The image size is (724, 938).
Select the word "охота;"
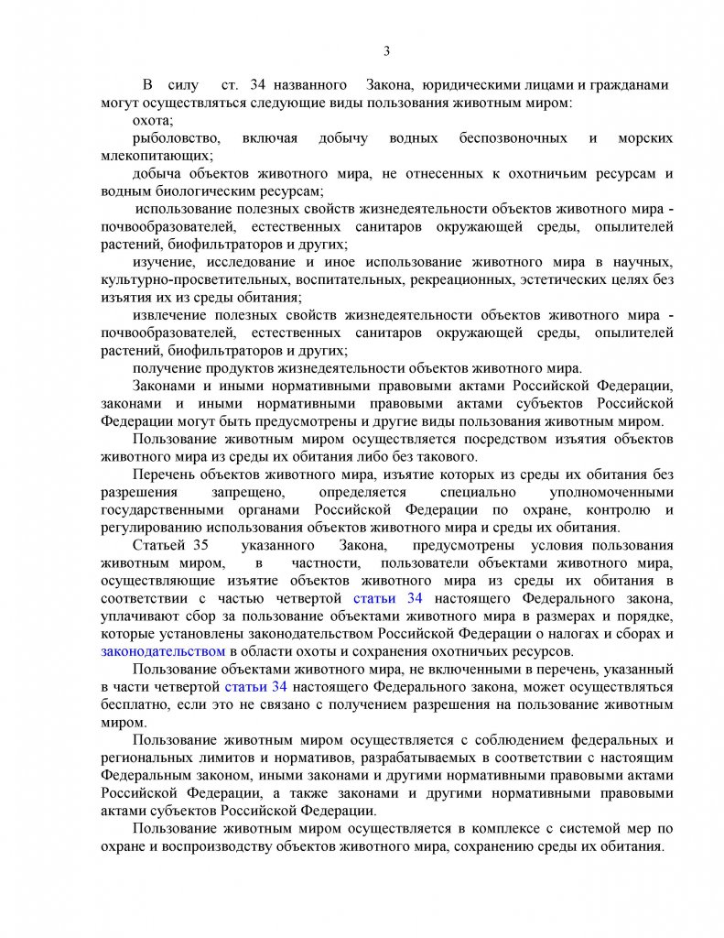153,120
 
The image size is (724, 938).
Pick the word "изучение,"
163,262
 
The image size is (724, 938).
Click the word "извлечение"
170,314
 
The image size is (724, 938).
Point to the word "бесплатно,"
135,704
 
